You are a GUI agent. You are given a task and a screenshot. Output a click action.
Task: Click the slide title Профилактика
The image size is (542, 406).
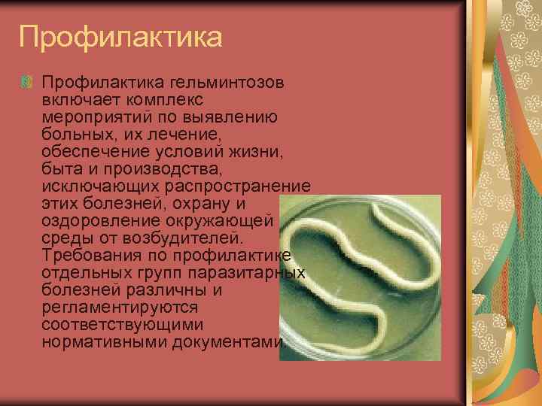[x=120, y=37]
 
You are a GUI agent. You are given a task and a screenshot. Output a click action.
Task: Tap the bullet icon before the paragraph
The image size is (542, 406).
[x=28, y=81]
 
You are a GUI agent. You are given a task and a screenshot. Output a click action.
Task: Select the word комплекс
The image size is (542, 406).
[x=166, y=99]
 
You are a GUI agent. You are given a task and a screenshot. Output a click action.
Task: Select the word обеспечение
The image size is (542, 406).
[x=96, y=151]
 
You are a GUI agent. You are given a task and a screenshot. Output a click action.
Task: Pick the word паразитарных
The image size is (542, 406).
[x=248, y=272]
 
